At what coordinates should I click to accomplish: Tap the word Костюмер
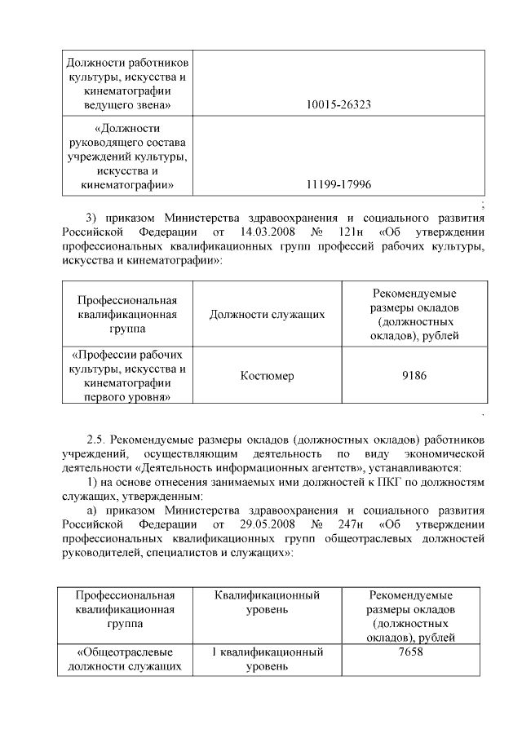[268, 375]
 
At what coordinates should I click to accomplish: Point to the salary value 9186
[414, 375]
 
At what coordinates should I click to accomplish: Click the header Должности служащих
[268, 315]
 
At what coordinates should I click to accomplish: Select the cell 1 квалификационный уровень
[268, 660]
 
